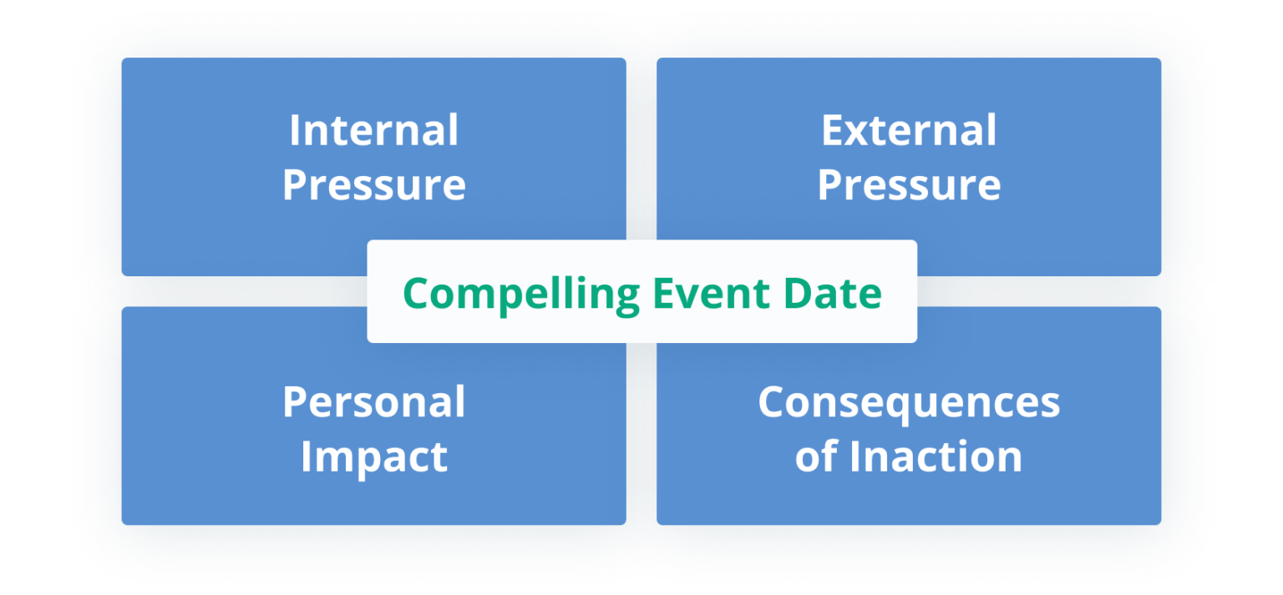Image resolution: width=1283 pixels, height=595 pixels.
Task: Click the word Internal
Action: pos(373,131)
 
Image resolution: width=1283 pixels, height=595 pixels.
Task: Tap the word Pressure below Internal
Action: pos(373,185)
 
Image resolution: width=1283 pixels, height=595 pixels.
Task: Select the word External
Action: pos(909,131)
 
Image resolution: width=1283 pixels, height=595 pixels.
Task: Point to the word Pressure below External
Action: pos(909,185)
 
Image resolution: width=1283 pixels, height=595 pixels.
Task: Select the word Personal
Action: pos(373,402)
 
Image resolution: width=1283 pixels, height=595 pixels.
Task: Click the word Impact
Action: pos(373,457)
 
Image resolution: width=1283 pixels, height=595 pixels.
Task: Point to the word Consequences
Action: pos(909,402)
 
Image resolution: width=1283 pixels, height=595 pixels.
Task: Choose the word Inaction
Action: pos(936,457)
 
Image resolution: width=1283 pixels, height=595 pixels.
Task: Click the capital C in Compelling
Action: pos(417,293)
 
